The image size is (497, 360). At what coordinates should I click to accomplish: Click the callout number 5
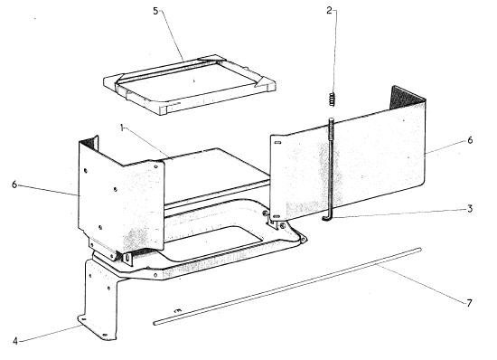[x=155, y=11]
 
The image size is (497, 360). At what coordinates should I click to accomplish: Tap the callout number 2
[x=330, y=11]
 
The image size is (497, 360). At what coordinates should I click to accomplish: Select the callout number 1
[x=122, y=128]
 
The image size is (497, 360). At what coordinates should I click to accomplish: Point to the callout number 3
[x=470, y=209]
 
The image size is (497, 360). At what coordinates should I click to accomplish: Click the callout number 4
[x=15, y=341]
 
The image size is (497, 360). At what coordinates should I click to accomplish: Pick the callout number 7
[x=469, y=303]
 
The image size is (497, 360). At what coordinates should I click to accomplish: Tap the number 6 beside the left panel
[x=14, y=185]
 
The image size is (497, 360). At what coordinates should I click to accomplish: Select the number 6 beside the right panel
[x=470, y=140]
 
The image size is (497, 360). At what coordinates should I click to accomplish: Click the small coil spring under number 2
[x=332, y=99]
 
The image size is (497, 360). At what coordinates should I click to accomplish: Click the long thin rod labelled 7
[x=287, y=286]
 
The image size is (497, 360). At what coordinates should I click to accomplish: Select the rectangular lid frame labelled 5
[x=190, y=85]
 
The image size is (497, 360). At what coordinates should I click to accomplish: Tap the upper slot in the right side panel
[x=277, y=143]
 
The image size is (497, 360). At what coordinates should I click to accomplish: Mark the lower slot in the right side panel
[x=277, y=216]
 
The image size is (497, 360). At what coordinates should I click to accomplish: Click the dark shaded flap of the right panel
[x=407, y=98]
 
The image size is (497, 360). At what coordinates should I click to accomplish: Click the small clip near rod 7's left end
[x=178, y=311]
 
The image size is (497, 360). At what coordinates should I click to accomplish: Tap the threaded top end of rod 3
[x=332, y=127]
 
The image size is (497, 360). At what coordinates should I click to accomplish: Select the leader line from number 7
[x=422, y=283]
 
